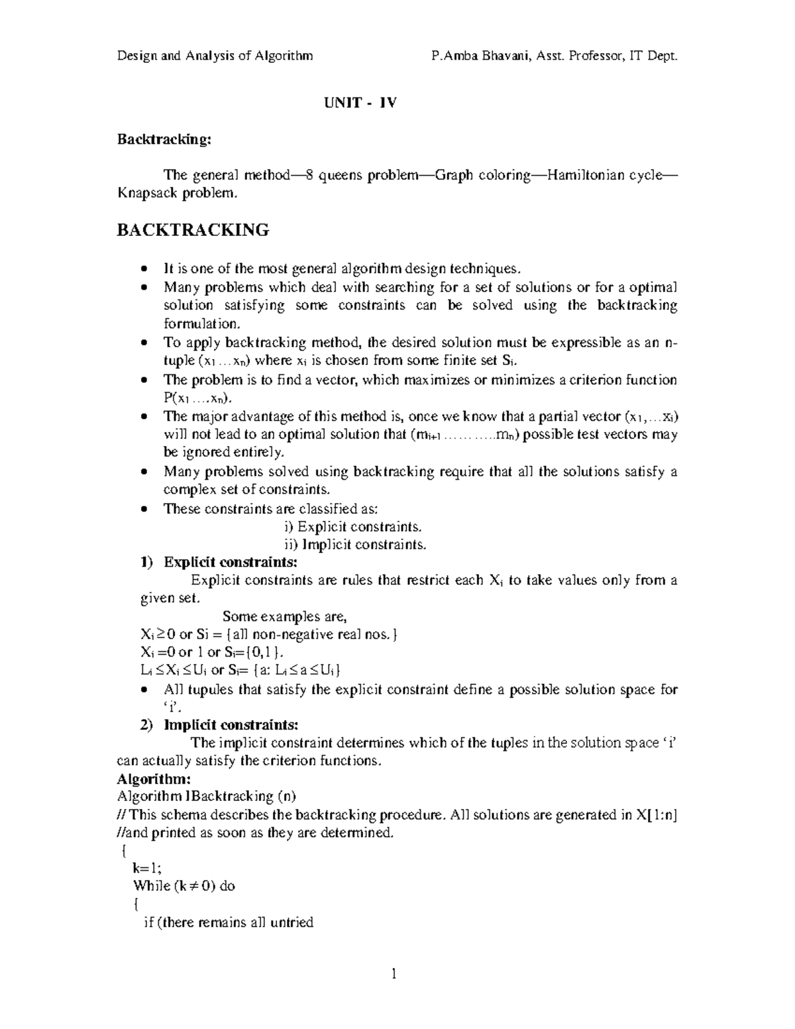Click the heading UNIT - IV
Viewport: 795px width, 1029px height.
359,103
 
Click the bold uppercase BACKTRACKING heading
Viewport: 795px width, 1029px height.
193,231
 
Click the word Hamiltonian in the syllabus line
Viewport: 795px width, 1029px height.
583,176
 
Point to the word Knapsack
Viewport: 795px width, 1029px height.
146,193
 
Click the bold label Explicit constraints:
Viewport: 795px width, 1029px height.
231,563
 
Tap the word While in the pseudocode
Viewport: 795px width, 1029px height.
152,887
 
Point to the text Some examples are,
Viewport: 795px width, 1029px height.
284,617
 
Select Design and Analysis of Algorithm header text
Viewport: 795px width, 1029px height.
215,56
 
